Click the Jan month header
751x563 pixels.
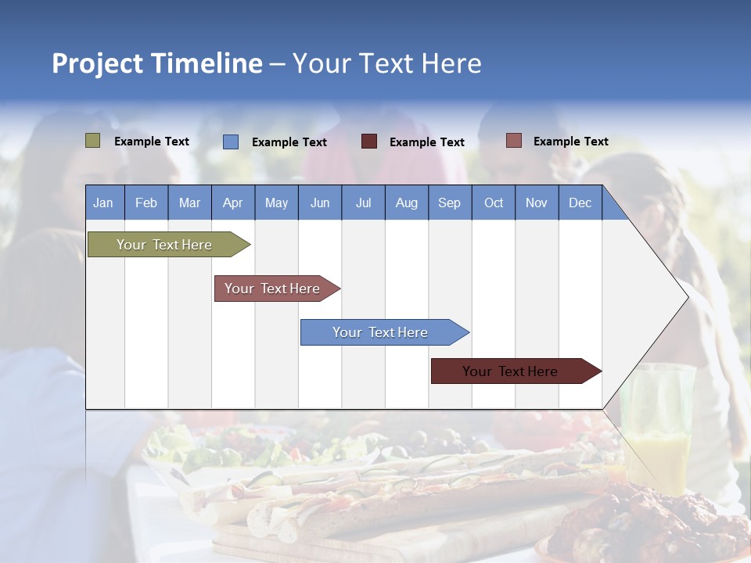pos(103,203)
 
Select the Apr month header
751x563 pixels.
pos(232,203)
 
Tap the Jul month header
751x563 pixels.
pos(363,203)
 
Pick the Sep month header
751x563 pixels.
pos(449,203)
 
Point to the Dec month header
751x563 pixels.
pos(580,203)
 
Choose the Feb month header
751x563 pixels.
pos(146,203)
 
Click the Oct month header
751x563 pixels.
pos(494,203)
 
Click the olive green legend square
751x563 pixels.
pos(93,141)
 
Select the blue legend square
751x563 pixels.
pos(231,142)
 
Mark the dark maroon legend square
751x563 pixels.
pos(369,142)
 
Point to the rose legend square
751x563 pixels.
pos(514,141)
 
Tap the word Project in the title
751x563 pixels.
pos(98,63)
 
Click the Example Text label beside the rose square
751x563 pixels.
pos(570,142)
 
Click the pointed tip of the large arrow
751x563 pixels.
pos(686,297)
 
